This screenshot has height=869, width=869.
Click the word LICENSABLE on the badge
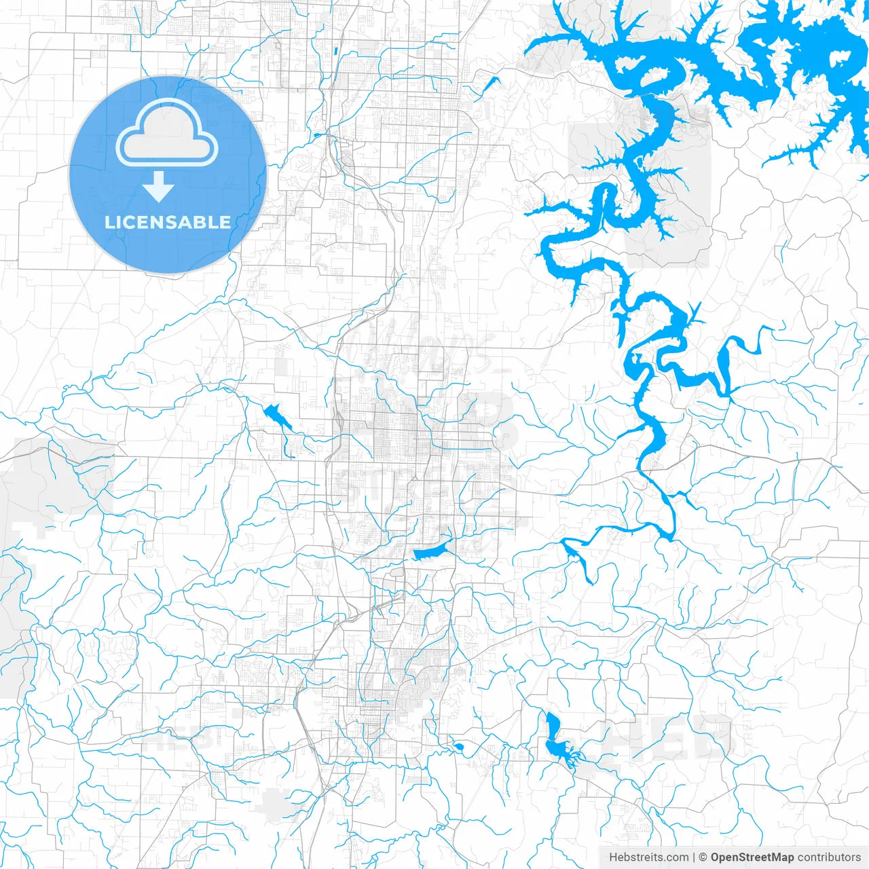168,223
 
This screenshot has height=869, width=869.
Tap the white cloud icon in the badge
167,134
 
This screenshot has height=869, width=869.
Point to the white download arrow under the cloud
159,187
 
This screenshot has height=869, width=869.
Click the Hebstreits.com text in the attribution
649,857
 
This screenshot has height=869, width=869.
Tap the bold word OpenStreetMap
752,857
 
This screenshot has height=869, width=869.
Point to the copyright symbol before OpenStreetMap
703,857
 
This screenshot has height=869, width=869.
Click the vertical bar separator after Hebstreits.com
694,857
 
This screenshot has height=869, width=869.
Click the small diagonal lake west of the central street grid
277,416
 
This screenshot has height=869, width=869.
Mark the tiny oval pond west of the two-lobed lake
459,747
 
